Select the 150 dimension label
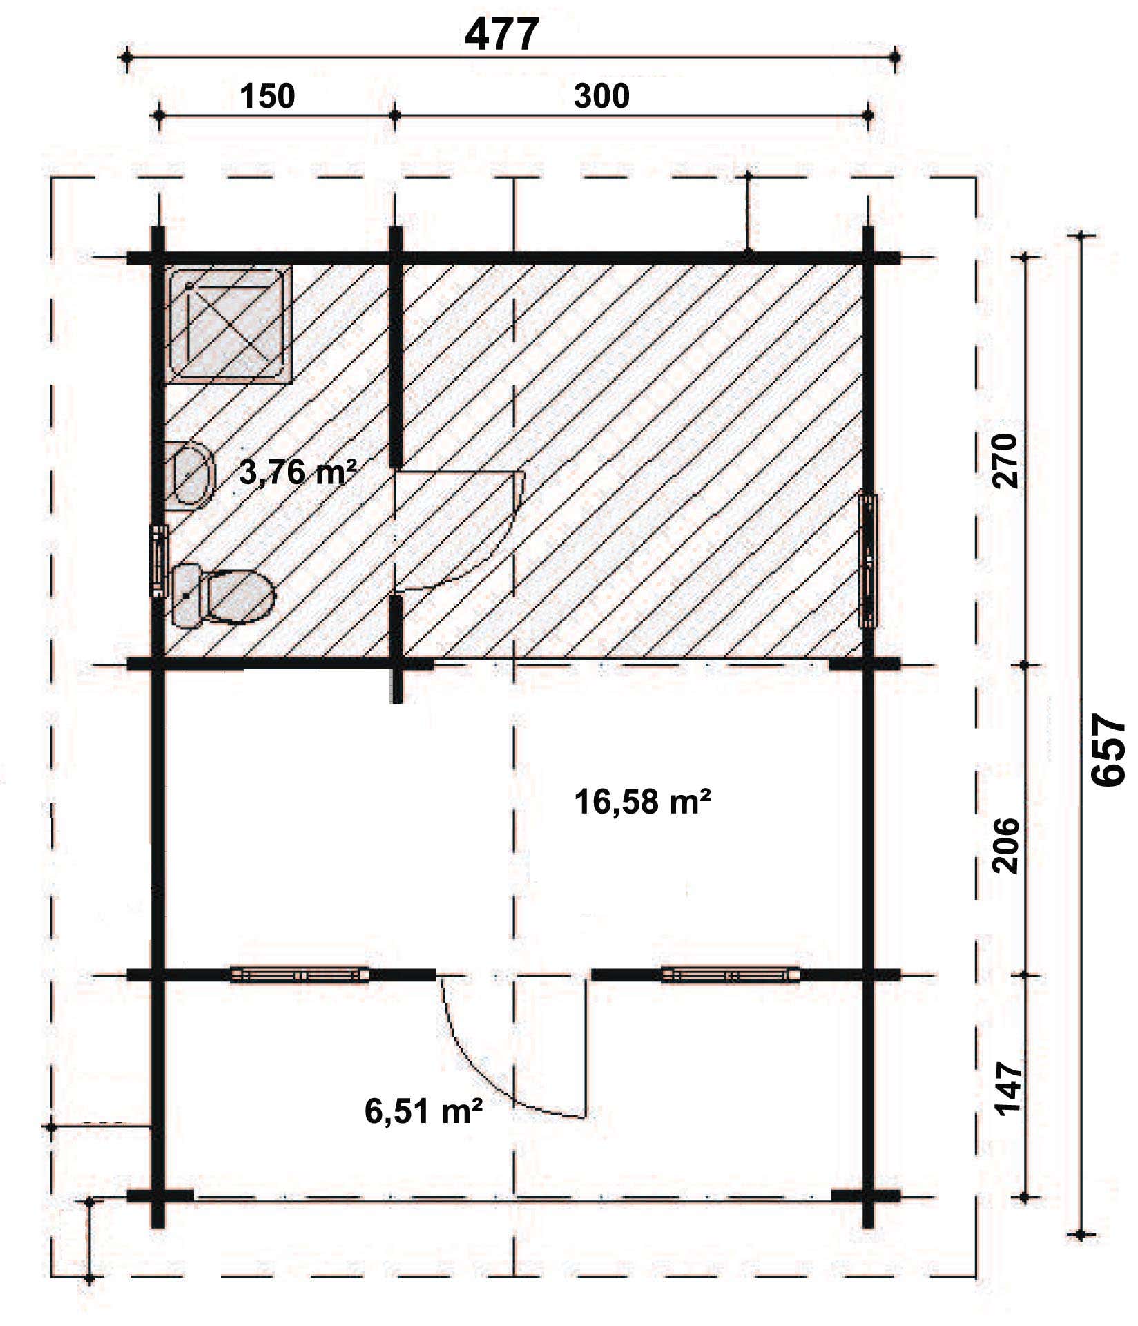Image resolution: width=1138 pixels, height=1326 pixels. click(268, 96)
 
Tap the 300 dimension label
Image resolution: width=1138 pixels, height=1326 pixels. click(601, 96)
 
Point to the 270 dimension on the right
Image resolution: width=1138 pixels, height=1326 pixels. click(1006, 461)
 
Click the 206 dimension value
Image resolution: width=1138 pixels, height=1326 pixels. click(1006, 846)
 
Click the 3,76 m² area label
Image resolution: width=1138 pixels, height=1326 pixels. click(298, 472)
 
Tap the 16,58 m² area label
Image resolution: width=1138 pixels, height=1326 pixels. click(643, 803)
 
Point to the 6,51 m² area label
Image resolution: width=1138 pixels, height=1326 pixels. click(423, 1111)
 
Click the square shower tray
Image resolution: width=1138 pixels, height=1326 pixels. click(228, 323)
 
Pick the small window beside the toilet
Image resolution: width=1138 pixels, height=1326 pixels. click(160, 560)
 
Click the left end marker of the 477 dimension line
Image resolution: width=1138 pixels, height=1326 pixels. click(126, 59)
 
